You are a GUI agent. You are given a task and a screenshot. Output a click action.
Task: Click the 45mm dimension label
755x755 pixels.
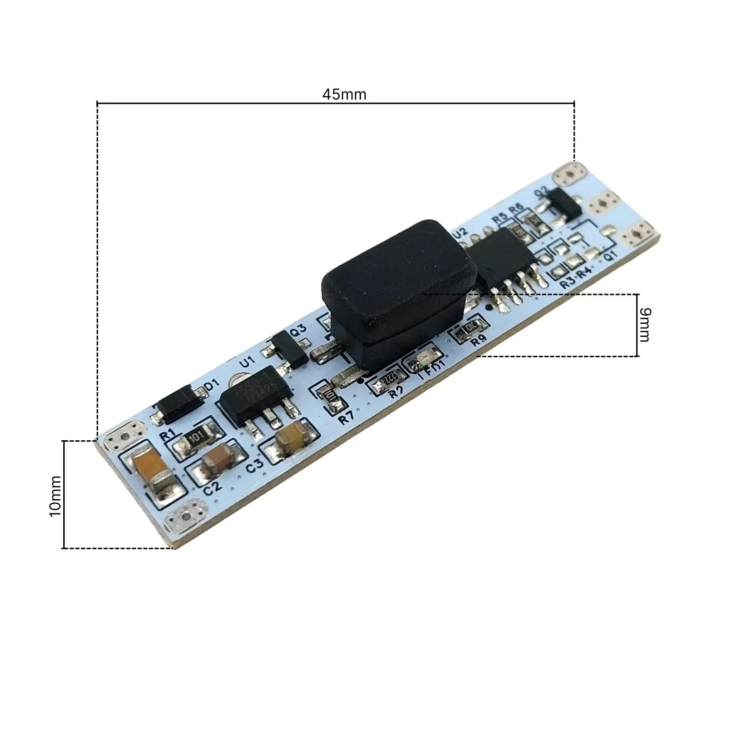pos(344,94)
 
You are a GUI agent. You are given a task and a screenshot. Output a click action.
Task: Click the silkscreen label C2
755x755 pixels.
pos(212,487)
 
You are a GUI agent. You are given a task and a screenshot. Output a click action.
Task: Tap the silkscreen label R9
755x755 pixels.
pos(478,340)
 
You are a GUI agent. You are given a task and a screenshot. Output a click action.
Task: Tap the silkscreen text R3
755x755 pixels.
pos(568,284)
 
